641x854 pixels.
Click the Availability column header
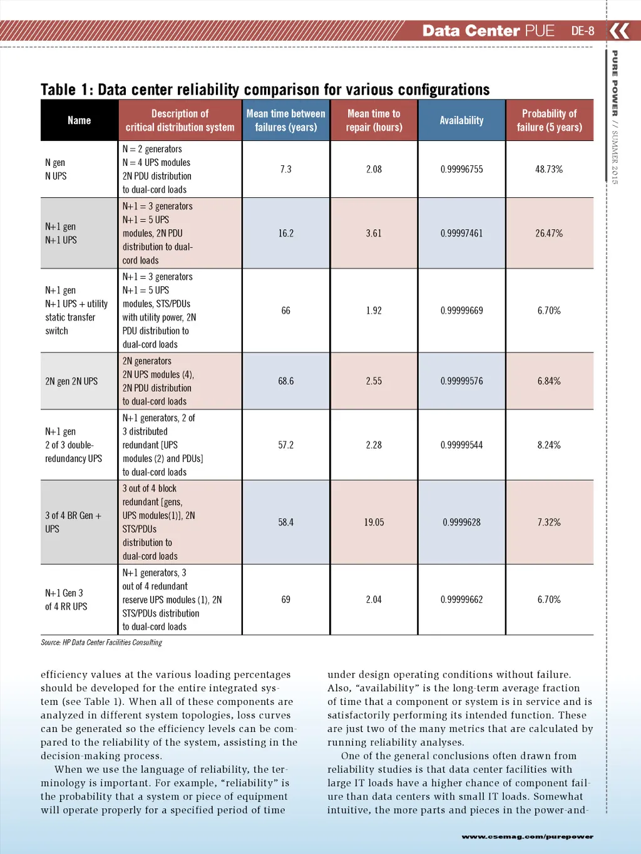(461, 120)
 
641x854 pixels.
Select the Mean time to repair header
(374, 120)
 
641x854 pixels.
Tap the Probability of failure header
(549, 120)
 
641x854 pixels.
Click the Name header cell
(79, 120)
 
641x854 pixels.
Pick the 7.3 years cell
(285, 169)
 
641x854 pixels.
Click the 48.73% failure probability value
(549, 169)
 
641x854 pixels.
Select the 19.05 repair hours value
(374, 522)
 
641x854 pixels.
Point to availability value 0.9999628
(461, 522)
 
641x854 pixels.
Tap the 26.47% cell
(549, 233)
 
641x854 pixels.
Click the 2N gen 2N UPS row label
(71, 381)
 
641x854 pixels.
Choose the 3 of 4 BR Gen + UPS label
(73, 522)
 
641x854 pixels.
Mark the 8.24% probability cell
(549, 445)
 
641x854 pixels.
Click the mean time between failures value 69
(285, 600)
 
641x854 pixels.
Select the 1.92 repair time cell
(374, 311)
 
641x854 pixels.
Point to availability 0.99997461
(461, 233)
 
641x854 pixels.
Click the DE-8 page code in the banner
(583, 31)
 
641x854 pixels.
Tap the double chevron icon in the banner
(620, 31)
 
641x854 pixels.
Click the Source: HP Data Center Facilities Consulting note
(101, 642)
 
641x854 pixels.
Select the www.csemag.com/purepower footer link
(527, 836)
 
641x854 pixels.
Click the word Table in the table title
(58, 90)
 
